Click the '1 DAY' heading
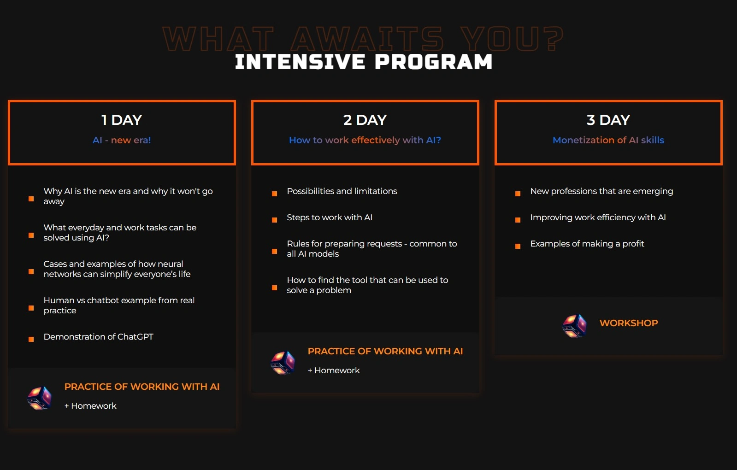coord(122,120)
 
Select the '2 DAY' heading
coord(365,120)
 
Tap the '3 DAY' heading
coord(608,120)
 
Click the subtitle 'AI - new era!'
coord(122,140)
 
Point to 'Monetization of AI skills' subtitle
coord(608,140)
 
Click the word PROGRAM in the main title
coord(433,61)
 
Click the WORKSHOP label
coord(629,323)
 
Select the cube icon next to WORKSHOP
coord(574,326)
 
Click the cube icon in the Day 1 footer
coord(40,398)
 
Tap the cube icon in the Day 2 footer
coord(283,363)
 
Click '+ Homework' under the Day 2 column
coord(334,370)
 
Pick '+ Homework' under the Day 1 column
coord(90,406)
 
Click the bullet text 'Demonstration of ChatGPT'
coord(98,337)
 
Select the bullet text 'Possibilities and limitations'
coord(342,191)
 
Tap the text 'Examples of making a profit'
coord(587,244)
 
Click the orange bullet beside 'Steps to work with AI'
coord(274,220)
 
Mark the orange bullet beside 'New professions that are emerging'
coord(518,194)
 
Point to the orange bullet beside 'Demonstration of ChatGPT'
coord(31,340)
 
